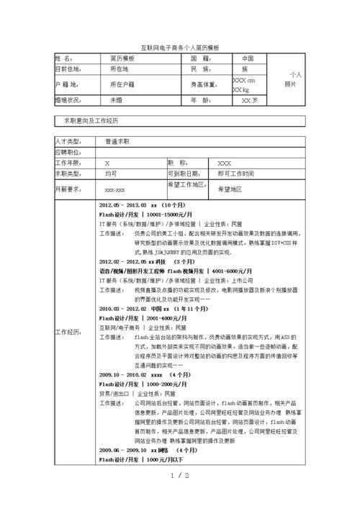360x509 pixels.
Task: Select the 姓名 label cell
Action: tap(64, 58)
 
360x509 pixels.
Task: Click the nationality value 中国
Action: tap(248, 58)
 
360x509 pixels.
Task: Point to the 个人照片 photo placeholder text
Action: tap(293, 79)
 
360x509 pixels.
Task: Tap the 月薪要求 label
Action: tap(69, 189)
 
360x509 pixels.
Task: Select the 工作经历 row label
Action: tap(69, 331)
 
